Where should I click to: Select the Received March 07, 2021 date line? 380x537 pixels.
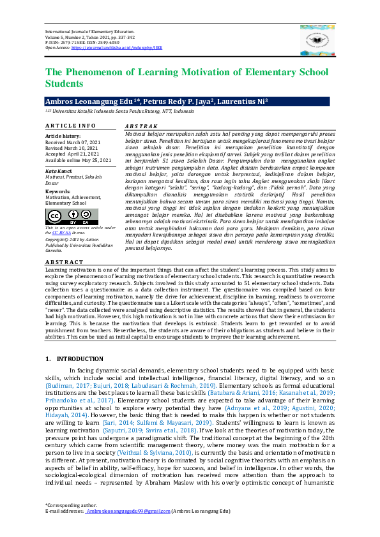[x=73, y=142]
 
